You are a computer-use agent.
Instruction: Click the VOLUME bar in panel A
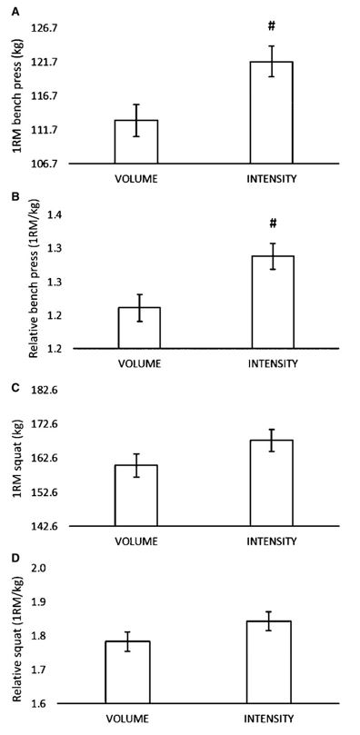point(136,142)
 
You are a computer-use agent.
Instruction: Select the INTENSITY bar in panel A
point(272,113)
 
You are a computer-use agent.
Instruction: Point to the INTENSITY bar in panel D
point(272,662)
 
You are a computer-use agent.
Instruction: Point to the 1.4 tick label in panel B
point(51,215)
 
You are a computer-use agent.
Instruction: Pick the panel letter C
point(15,388)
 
